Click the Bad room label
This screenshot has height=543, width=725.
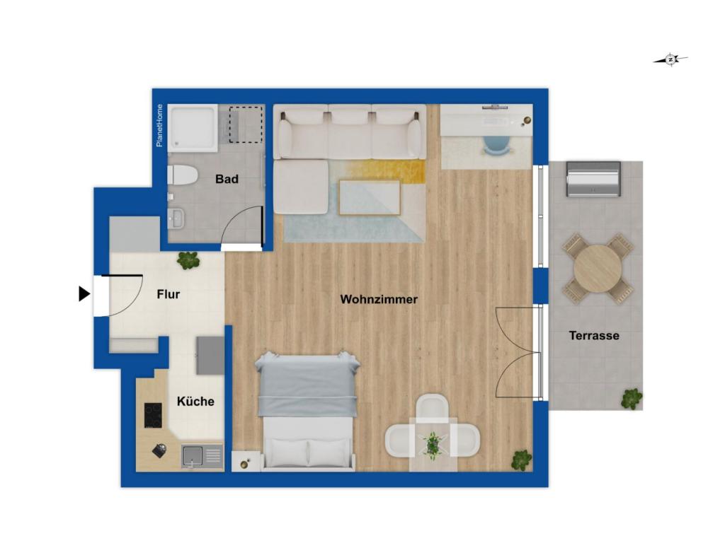[227, 180]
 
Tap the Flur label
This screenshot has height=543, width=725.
[169, 294]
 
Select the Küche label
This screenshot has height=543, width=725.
[195, 402]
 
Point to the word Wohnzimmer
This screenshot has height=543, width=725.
[379, 299]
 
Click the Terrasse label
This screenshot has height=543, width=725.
[594, 336]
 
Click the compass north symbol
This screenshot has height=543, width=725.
[670, 60]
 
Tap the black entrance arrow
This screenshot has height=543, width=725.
[84, 293]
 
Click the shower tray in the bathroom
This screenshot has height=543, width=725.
[191, 128]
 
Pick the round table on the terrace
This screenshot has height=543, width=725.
[598, 268]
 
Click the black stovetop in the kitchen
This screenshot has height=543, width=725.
[152, 415]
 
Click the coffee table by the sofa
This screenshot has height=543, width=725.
[369, 197]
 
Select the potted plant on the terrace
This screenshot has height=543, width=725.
[632, 399]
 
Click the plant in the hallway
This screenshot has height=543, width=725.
[188, 260]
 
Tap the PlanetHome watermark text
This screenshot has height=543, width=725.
[159, 126]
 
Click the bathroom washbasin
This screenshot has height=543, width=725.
[176, 218]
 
